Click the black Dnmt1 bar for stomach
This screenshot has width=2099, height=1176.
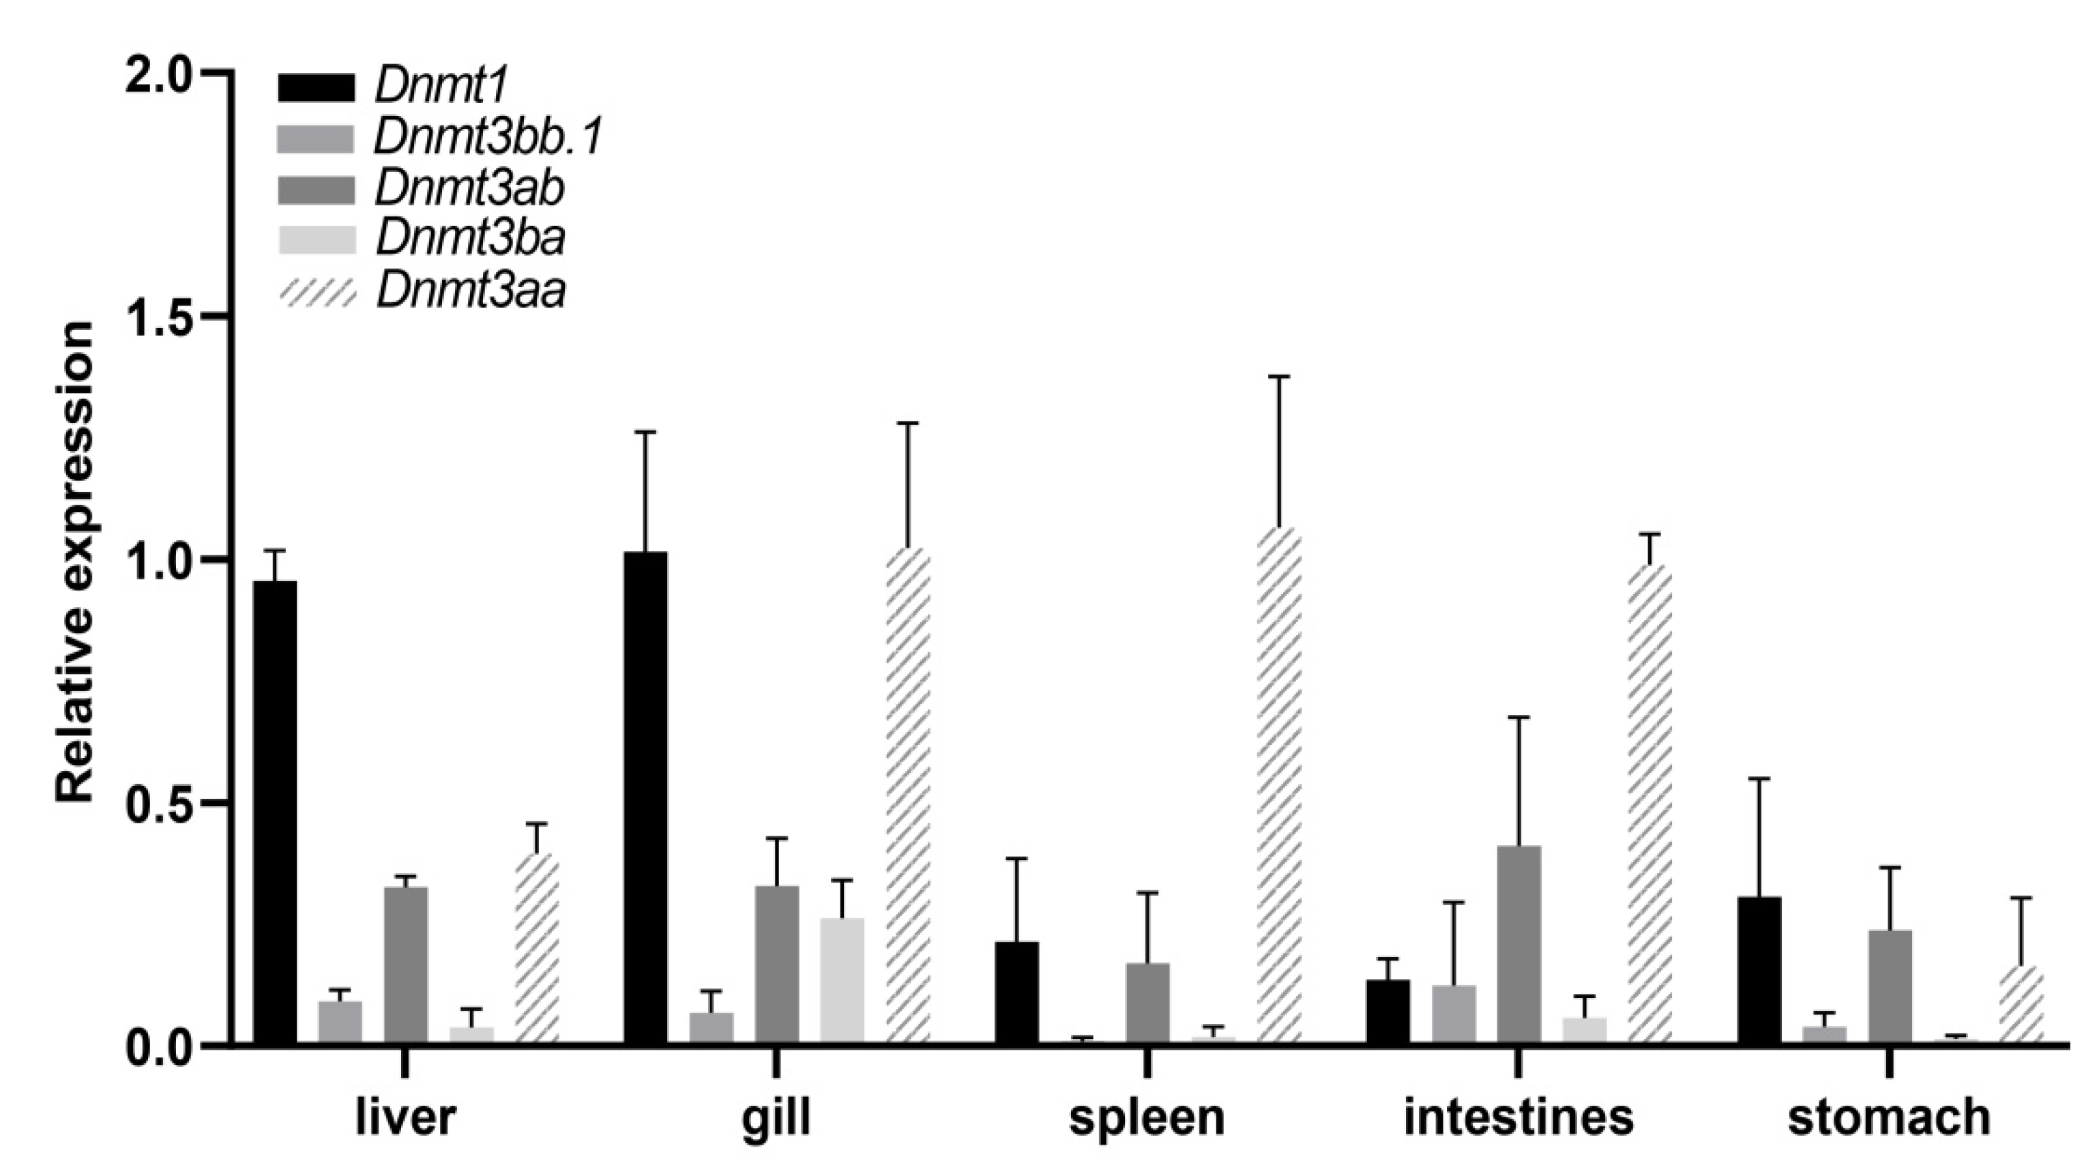tap(1759, 969)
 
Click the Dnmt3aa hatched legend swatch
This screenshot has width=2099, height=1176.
tap(317, 292)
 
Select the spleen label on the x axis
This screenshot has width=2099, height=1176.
tap(1147, 1117)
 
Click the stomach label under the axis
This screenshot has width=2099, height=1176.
tap(1889, 1117)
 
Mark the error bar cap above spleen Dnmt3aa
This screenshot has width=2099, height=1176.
tap(1278, 377)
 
